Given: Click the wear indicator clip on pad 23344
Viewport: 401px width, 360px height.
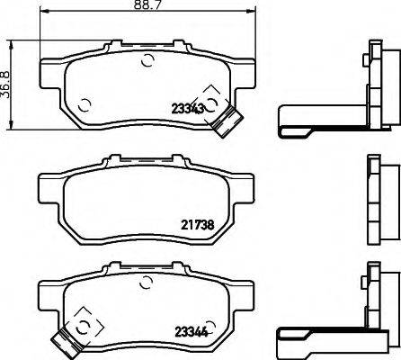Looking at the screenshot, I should coord(64,340).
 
